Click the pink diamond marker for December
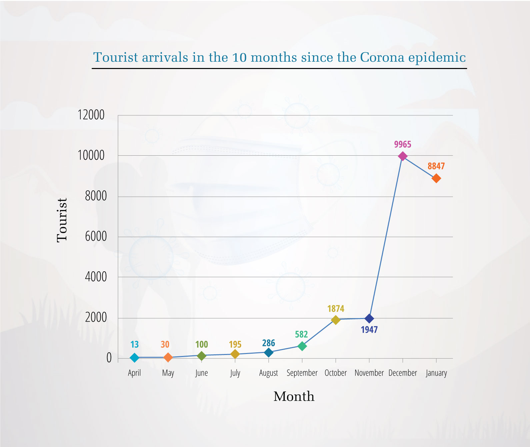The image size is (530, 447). pos(403,156)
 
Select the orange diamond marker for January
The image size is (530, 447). pos(436,178)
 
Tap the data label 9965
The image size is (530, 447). pos(403,144)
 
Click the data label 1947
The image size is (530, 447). pos(369,330)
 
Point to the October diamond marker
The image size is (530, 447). pos(336,320)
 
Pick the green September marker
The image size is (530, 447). pos(302,346)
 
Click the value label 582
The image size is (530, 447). pos(301,334)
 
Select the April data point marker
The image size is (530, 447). pos(134,358)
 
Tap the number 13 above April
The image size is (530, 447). pos(134,344)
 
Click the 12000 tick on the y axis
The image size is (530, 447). pos(91,115)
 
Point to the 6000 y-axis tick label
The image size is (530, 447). pos(96,237)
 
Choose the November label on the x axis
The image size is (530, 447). pos(369,373)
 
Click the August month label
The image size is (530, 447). pos(268,373)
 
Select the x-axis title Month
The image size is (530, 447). pos(294,396)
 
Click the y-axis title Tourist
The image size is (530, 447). pos(62,220)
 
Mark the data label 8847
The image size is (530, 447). pos(436,166)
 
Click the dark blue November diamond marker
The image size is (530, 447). pos(369,318)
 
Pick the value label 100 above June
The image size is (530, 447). pos(201,344)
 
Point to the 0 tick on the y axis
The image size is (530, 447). pos(109,358)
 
